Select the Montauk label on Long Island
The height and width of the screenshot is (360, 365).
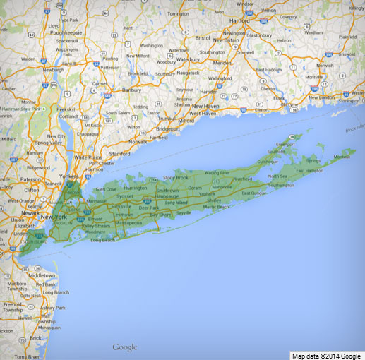pyautogui.click(x=342, y=157)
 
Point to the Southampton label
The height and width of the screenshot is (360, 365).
pyautogui.click(x=282, y=186)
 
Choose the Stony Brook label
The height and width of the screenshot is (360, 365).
pyautogui.click(x=176, y=178)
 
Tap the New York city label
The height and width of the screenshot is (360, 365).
pyautogui.click(x=54, y=217)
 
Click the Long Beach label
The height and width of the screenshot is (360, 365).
pyautogui.click(x=104, y=240)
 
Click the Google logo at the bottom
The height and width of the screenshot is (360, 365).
pyautogui.click(x=124, y=347)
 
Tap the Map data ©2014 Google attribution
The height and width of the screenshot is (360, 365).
pyautogui.click(x=327, y=354)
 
